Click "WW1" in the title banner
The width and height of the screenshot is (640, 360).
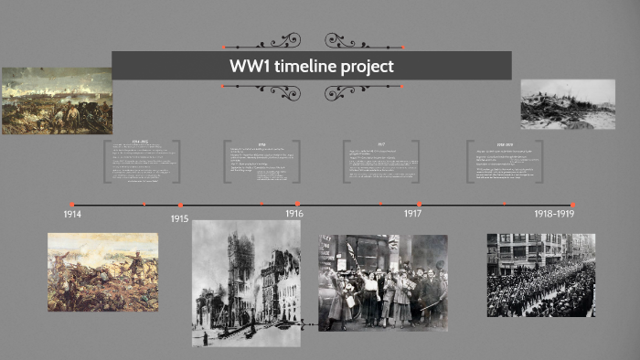pos(248,67)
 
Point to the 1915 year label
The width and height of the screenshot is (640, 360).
pos(179,219)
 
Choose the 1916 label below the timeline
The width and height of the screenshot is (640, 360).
pos(293,214)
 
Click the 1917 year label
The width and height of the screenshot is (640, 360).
pos(413,213)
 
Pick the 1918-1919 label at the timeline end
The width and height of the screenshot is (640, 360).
pos(554,214)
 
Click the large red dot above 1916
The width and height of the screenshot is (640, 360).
pos(297,205)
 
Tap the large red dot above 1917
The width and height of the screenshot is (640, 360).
pos(419,205)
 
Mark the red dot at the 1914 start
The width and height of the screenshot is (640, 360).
pos(71,205)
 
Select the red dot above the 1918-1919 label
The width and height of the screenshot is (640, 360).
pos(573,205)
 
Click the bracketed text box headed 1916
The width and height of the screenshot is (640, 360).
pos(261,162)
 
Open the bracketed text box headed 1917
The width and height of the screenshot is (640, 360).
pos(381,162)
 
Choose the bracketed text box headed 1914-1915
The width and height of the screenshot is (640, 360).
pos(142,162)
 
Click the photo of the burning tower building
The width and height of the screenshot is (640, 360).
pos(246,282)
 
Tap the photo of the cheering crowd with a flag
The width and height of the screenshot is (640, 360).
pos(383,282)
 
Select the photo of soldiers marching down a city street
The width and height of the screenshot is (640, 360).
pos(540,275)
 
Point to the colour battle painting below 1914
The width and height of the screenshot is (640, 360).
pos(102,271)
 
